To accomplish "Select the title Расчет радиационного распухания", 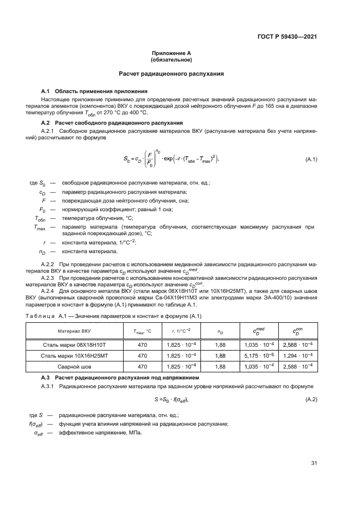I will point(172,73).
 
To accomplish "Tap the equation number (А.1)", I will point(312,160).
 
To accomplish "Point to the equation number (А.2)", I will point(312,400).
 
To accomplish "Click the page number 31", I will point(314,463).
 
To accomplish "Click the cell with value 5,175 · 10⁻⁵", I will point(259,355).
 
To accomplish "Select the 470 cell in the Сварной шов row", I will point(142,367).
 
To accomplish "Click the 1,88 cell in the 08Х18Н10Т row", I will point(220,345).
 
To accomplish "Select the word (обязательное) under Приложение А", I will point(172,60).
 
